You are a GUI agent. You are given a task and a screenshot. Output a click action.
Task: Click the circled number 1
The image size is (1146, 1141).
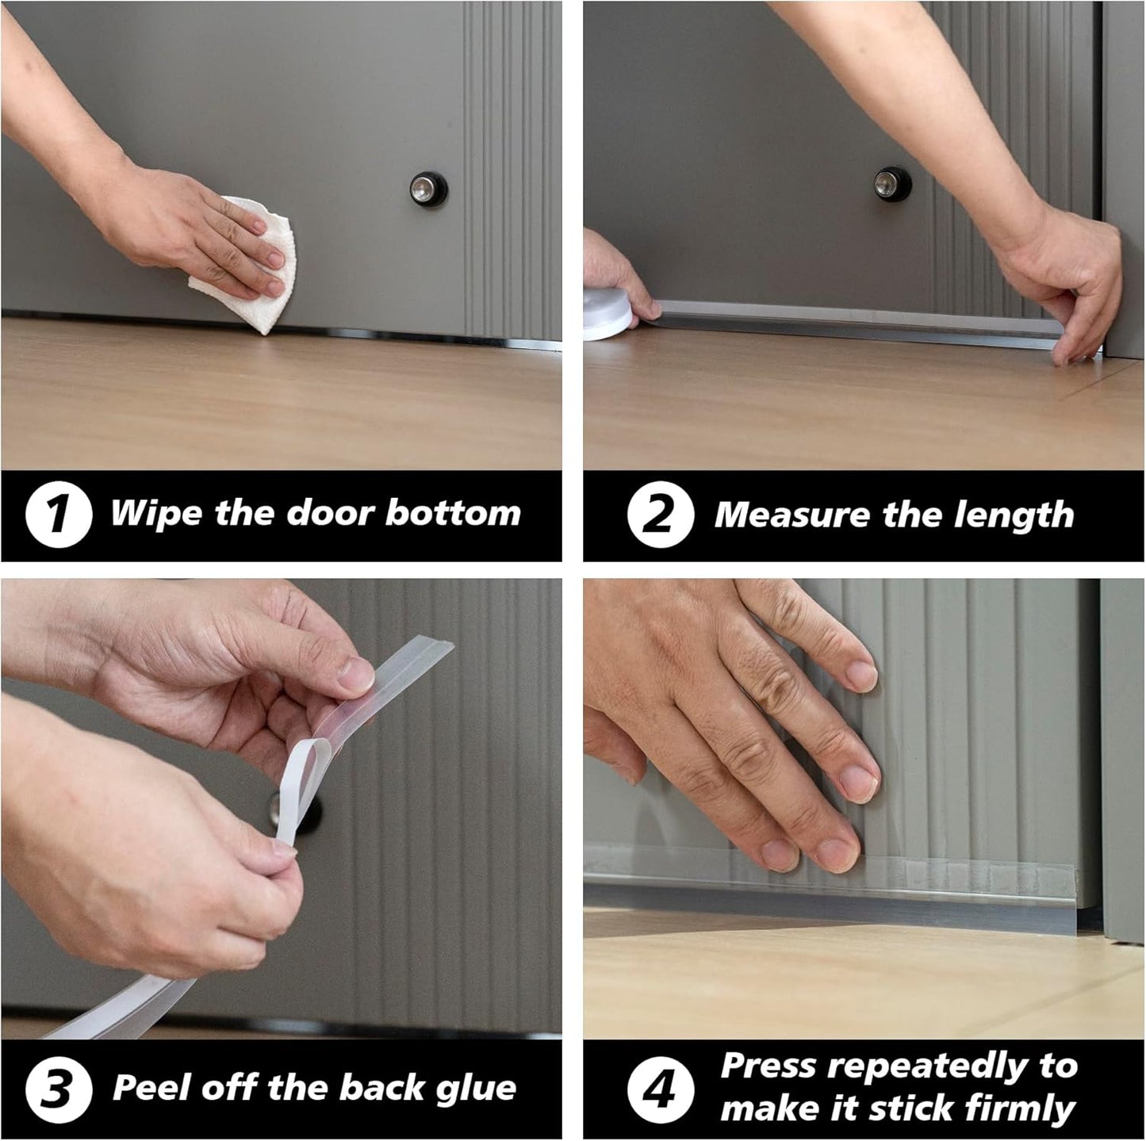59,515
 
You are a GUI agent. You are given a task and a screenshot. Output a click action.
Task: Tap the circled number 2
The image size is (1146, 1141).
661,515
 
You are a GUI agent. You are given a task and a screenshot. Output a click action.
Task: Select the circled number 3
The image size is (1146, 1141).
56,1089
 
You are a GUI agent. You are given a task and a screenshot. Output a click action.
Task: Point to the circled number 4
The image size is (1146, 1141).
660,1089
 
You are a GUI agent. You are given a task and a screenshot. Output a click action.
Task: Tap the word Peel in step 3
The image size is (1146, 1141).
151,1088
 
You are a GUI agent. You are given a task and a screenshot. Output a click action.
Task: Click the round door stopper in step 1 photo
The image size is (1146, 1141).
429,188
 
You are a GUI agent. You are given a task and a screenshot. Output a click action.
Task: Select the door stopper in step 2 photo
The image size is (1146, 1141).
894,184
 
